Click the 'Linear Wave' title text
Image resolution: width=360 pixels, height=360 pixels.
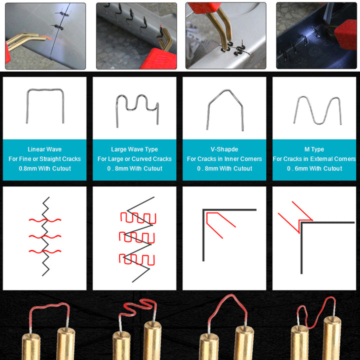[x=44, y=149]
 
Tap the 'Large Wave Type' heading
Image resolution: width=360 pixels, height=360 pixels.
[x=134, y=149]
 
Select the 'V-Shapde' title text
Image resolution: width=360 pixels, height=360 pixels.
[x=224, y=149]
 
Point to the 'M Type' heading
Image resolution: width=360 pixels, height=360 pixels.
[x=314, y=149]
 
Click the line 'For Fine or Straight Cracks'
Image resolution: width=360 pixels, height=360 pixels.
[x=44, y=159]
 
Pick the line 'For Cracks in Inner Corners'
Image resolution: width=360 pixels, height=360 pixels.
[x=224, y=159]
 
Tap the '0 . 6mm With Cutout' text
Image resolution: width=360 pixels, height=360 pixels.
[x=314, y=168]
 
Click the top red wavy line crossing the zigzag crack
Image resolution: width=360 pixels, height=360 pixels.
[x=45, y=220]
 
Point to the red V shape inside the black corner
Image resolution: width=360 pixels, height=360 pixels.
[x=207, y=220]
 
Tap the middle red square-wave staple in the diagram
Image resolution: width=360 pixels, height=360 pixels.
[x=137, y=237]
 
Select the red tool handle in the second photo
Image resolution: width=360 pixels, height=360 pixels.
[x=158, y=59]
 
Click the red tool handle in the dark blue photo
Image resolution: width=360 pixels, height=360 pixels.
[x=346, y=34]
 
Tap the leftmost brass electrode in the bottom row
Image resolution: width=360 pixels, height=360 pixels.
[x=31, y=346]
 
